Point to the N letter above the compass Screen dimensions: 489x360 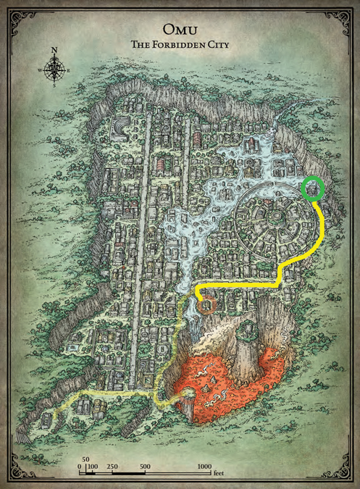(54, 51)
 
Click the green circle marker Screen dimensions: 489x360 (313, 189)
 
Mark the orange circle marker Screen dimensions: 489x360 (207, 305)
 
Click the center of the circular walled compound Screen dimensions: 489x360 (275, 215)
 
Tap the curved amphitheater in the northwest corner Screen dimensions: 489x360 (117, 128)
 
